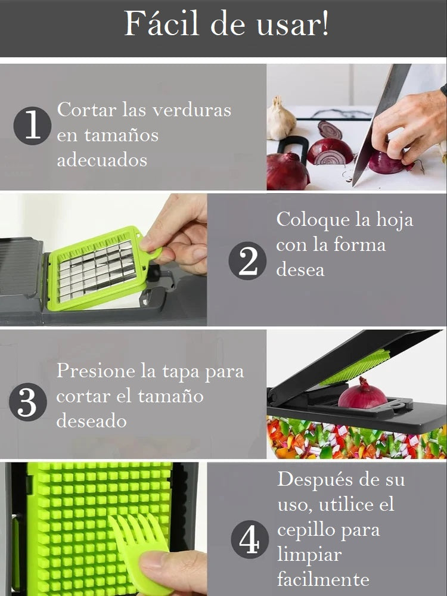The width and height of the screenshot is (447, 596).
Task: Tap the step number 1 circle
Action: click(32, 126)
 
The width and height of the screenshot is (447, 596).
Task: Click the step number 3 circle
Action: click(28, 403)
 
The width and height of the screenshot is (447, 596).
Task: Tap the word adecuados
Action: click(101, 160)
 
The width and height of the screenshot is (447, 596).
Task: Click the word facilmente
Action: click(323, 579)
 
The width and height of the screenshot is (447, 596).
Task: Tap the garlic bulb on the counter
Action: click(281, 121)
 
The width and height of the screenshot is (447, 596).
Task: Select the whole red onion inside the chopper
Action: click(363, 395)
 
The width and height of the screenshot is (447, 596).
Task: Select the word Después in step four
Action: click(316, 479)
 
